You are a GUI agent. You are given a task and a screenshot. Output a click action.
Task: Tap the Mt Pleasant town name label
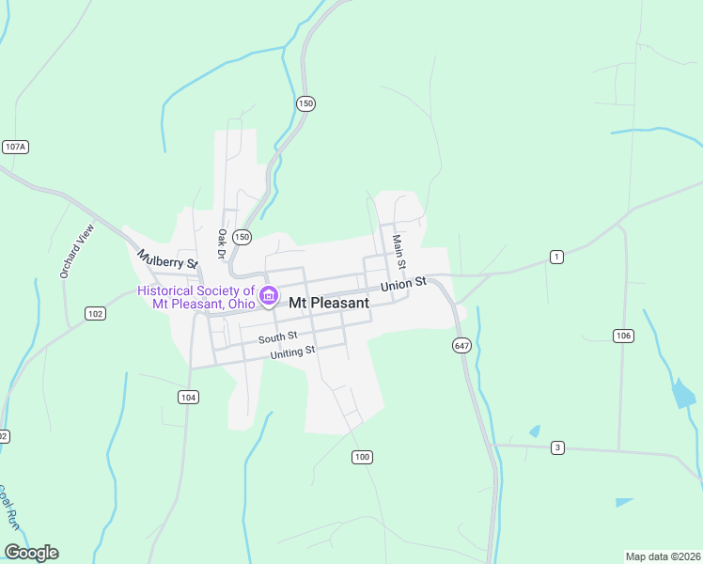coord(328,304)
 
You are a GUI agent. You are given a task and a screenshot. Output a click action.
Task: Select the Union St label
coord(403,283)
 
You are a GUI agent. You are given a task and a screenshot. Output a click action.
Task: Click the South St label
coord(278,337)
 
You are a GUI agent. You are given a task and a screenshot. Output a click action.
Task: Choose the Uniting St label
coord(292,352)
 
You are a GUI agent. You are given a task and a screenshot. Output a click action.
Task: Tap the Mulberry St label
coord(168,259)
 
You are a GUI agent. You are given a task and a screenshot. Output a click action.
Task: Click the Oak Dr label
coord(223,243)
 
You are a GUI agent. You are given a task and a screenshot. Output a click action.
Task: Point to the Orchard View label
coord(78,251)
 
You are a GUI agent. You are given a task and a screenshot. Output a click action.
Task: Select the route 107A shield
coord(15,147)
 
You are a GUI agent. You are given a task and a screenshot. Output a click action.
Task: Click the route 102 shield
coord(95,313)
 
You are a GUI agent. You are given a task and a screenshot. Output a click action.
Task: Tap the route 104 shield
coord(188,398)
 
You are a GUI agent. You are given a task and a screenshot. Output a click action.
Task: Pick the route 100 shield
coord(362,457)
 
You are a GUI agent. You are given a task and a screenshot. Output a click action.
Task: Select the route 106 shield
coord(623,336)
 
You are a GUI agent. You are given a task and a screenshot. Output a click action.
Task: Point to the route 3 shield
coord(557,447)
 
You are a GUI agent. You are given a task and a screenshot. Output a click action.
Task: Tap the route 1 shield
coord(557,257)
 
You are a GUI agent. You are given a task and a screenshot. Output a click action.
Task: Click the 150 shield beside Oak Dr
coord(242,237)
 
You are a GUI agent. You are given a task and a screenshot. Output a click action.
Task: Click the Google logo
coord(31,553)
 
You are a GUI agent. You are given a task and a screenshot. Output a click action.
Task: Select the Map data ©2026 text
coord(664,556)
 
